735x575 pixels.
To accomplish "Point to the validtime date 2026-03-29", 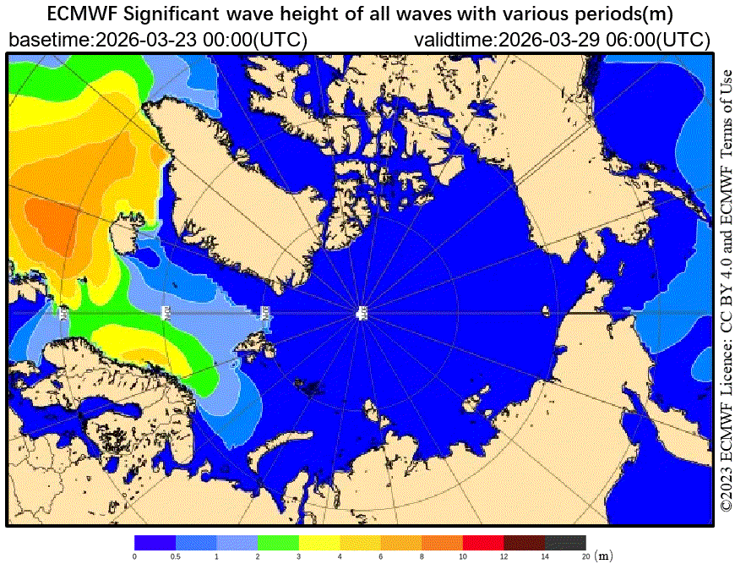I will pyautogui.click(x=547, y=40).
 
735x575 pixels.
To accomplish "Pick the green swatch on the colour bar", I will pyautogui.click(x=278, y=542).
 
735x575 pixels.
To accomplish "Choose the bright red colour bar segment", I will pyautogui.click(x=483, y=542).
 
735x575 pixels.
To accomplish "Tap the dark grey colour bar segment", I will pyautogui.click(x=565, y=542).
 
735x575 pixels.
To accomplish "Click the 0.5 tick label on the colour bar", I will pyautogui.click(x=176, y=556).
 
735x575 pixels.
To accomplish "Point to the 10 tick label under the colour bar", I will pyautogui.click(x=463, y=556).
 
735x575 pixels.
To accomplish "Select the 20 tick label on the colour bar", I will pyautogui.click(x=585, y=556).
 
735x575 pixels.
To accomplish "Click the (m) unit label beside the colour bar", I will pyautogui.click(x=603, y=556).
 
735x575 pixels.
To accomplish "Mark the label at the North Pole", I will pyautogui.click(x=362, y=314).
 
